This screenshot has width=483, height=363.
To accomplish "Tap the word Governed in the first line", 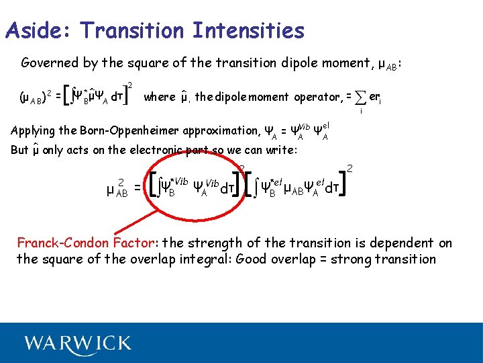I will (x=50, y=63).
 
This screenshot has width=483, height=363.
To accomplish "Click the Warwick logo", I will (x=78, y=344).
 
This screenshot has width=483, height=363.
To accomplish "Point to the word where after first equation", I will (x=159, y=97).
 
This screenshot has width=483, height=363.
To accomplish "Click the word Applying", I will (x=34, y=130).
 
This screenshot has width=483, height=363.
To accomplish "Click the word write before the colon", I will (x=280, y=150).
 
